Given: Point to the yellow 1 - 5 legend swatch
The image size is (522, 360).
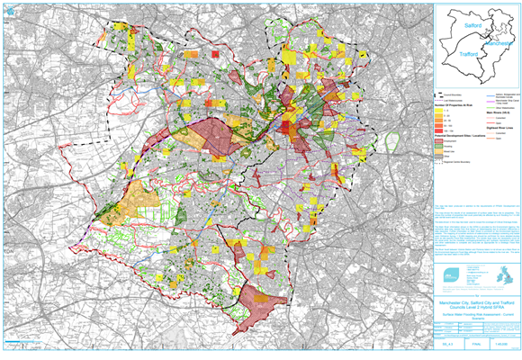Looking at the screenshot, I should pos(441,112).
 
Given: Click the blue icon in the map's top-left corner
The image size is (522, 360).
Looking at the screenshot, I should pos(6,6).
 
